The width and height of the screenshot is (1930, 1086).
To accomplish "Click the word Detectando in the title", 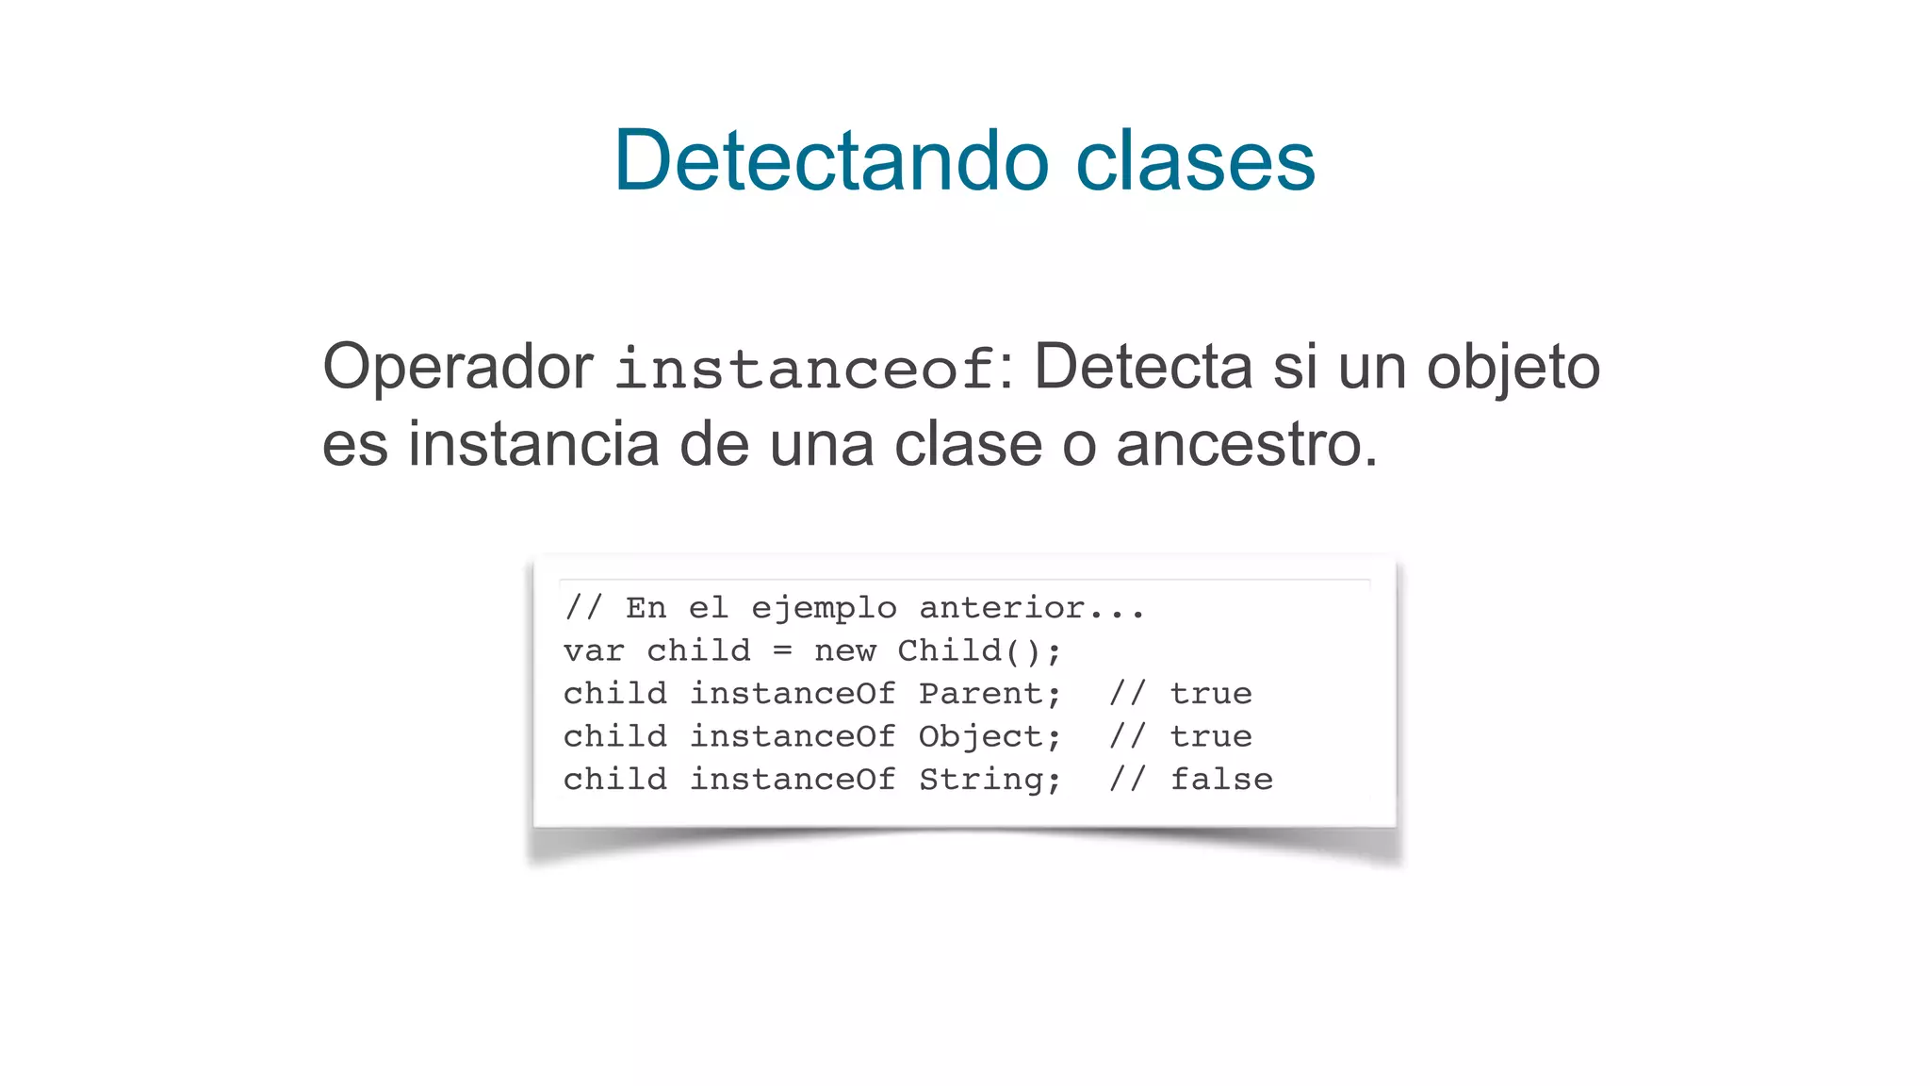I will point(831,160).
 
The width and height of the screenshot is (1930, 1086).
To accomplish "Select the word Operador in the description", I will point(458,367).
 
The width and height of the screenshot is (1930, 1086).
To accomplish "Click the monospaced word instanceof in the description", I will point(806,369).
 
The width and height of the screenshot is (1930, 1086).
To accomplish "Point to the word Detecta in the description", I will point(1143,367).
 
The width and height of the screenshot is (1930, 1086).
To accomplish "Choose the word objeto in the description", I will point(1513,369).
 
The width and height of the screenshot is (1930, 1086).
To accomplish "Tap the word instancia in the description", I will point(533,444).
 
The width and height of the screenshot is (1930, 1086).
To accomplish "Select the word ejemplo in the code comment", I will point(824,609).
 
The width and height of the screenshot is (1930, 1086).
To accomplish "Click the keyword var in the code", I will point(594,651).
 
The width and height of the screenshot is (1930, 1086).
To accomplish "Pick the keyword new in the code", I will point(845,651).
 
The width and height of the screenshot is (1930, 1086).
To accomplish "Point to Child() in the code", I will point(978,651).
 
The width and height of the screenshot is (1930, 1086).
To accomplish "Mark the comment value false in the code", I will point(1221,780).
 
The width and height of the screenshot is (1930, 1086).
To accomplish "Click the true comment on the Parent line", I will point(1211,694).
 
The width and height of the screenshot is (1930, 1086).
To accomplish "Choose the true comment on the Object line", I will point(1211,736).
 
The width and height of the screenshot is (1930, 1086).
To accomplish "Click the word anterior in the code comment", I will point(1002,608).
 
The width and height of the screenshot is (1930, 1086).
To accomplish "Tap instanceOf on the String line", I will point(793,780).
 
